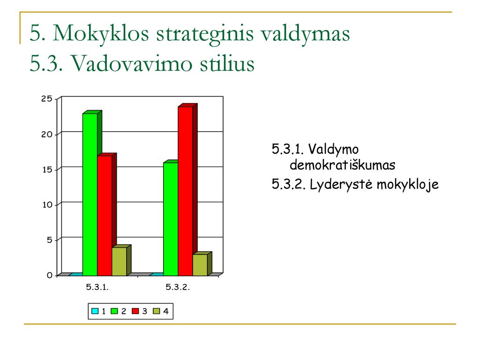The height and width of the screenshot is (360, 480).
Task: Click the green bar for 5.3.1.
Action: (90, 195)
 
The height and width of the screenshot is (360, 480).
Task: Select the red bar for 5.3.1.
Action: (105, 216)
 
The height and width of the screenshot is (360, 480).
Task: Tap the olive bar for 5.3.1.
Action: (120, 262)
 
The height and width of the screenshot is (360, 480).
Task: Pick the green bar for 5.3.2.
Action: (171, 219)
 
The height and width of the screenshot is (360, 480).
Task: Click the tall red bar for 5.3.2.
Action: (186, 191)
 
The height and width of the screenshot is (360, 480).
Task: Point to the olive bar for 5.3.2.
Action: (200, 265)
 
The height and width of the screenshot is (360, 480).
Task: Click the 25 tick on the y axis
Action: (47, 98)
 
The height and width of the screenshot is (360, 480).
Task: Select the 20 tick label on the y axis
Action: (47, 135)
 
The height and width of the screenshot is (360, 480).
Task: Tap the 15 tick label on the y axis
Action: (47, 170)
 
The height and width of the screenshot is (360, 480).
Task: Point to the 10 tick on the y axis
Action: (47, 205)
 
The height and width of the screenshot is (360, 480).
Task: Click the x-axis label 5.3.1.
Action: (97, 287)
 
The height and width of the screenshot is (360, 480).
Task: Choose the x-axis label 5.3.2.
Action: (178, 287)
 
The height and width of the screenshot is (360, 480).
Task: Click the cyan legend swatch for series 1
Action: (95, 311)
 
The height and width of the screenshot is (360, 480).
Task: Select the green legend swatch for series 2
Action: (114, 311)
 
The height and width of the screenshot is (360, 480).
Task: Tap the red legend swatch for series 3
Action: (135, 311)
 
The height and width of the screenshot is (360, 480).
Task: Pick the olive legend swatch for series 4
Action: (157, 311)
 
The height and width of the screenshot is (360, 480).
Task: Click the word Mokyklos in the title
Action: (101, 33)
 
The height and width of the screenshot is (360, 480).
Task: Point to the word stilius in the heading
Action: (227, 63)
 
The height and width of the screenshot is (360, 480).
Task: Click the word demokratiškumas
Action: (343, 165)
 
